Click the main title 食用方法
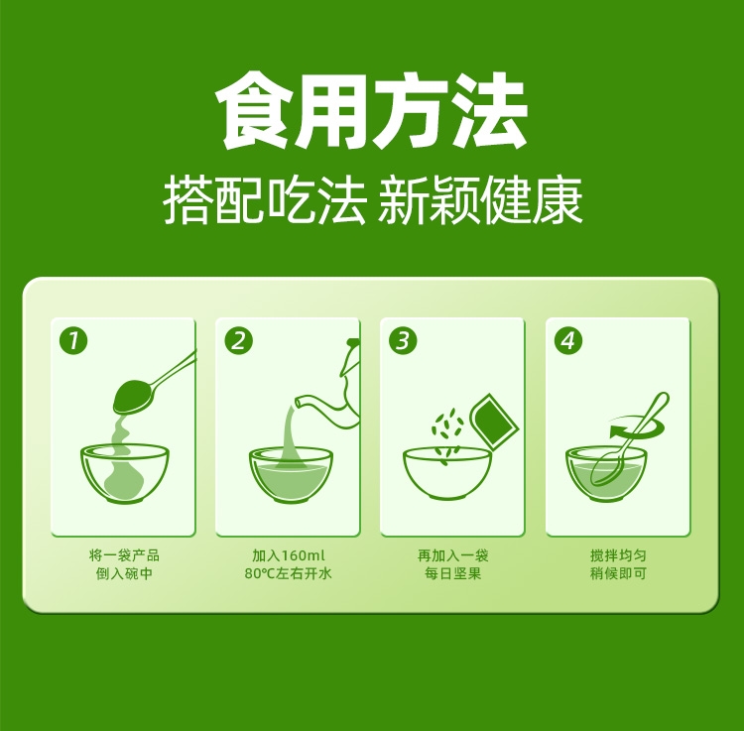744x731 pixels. click(x=372, y=110)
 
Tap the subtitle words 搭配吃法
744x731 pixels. click(x=265, y=200)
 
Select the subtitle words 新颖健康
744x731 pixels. click(x=480, y=200)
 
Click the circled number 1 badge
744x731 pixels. click(x=73, y=340)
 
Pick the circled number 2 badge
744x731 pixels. click(x=238, y=340)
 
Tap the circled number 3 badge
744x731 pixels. click(x=403, y=340)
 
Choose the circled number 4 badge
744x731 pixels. click(x=568, y=340)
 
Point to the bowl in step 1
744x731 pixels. click(x=125, y=473)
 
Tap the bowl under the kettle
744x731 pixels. click(x=291, y=474)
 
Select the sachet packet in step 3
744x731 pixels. click(x=494, y=420)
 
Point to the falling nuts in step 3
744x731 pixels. click(x=446, y=432)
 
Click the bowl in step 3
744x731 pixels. click(x=447, y=473)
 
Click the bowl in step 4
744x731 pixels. click(x=606, y=474)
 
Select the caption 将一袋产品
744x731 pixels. click(x=124, y=555)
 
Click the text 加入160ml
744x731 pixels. click(x=289, y=555)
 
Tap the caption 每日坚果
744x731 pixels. click(x=452, y=573)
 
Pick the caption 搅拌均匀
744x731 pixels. click(x=618, y=555)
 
